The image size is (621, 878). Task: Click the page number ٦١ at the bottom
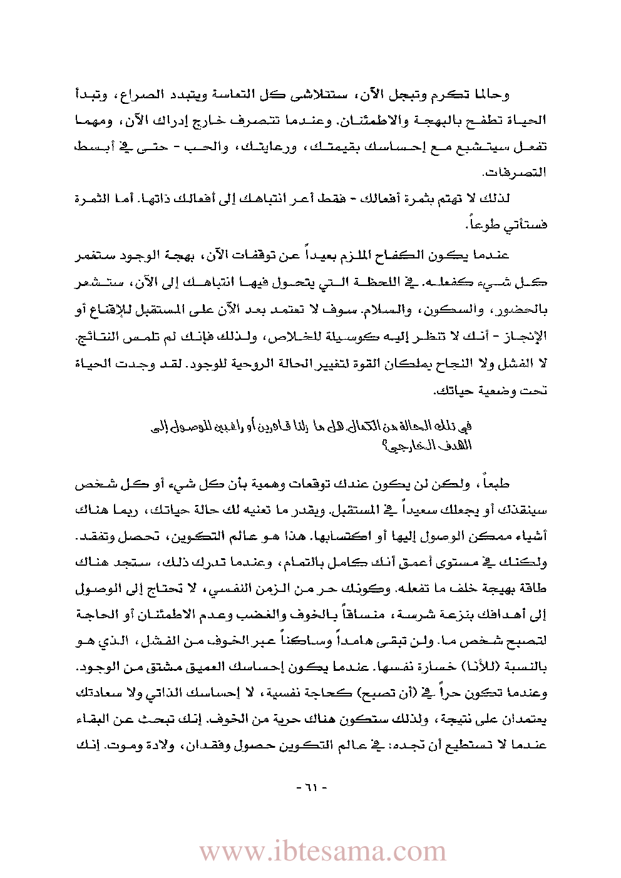click(x=311, y=787)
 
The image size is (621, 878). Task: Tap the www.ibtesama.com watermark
click(x=322, y=852)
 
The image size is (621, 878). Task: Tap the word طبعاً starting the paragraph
click(x=493, y=484)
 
